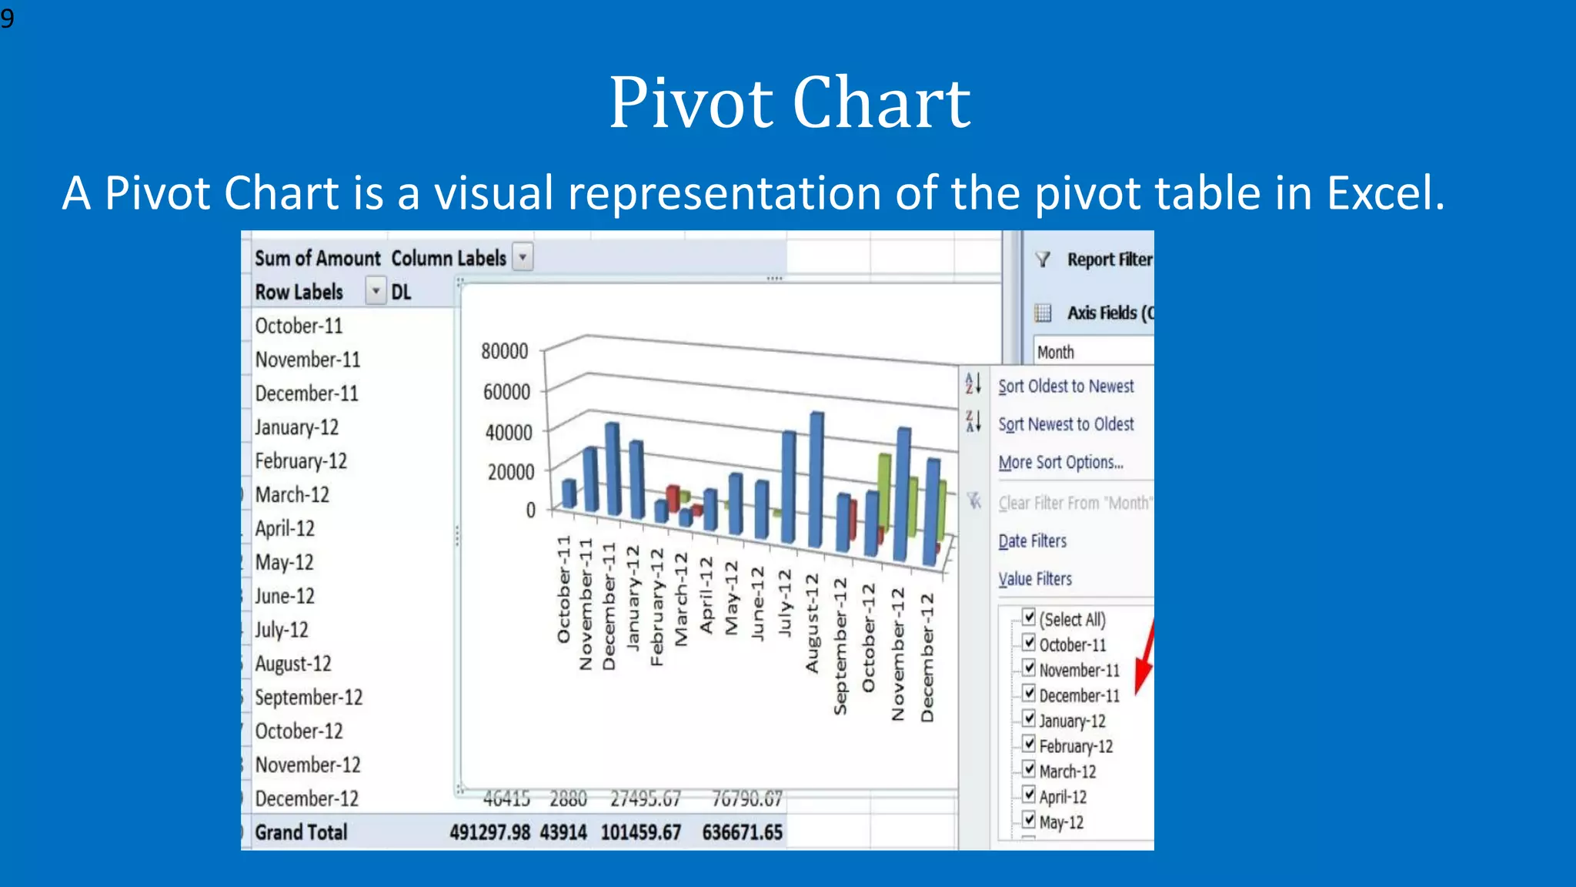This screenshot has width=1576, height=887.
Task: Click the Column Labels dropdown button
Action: click(x=523, y=257)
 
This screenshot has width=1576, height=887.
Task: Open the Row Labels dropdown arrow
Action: click(x=376, y=292)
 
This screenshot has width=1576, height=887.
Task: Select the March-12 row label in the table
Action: click(x=292, y=495)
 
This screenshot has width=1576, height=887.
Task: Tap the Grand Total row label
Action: click(x=301, y=832)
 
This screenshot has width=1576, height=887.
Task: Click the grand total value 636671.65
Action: click(x=742, y=832)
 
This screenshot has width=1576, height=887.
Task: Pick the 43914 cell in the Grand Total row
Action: click(x=563, y=832)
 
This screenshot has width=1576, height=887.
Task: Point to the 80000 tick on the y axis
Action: click(x=505, y=352)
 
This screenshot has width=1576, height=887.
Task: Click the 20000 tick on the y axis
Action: click(x=510, y=472)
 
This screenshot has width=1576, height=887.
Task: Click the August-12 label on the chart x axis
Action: click(x=813, y=624)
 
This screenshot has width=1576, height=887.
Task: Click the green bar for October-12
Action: click(x=885, y=493)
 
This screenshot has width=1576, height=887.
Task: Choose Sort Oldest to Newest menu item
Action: click(x=1066, y=387)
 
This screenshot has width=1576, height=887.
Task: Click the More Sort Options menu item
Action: click(x=1060, y=463)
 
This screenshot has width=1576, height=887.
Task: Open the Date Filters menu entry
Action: click(x=1033, y=541)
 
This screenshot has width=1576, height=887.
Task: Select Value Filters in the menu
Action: click(x=1035, y=579)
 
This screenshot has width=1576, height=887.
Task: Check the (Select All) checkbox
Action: click(x=1030, y=617)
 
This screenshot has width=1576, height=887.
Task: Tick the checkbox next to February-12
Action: click(x=1030, y=744)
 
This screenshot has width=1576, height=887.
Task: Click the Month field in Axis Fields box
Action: click(x=1056, y=353)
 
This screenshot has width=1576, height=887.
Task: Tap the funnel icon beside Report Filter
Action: click(x=1043, y=260)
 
